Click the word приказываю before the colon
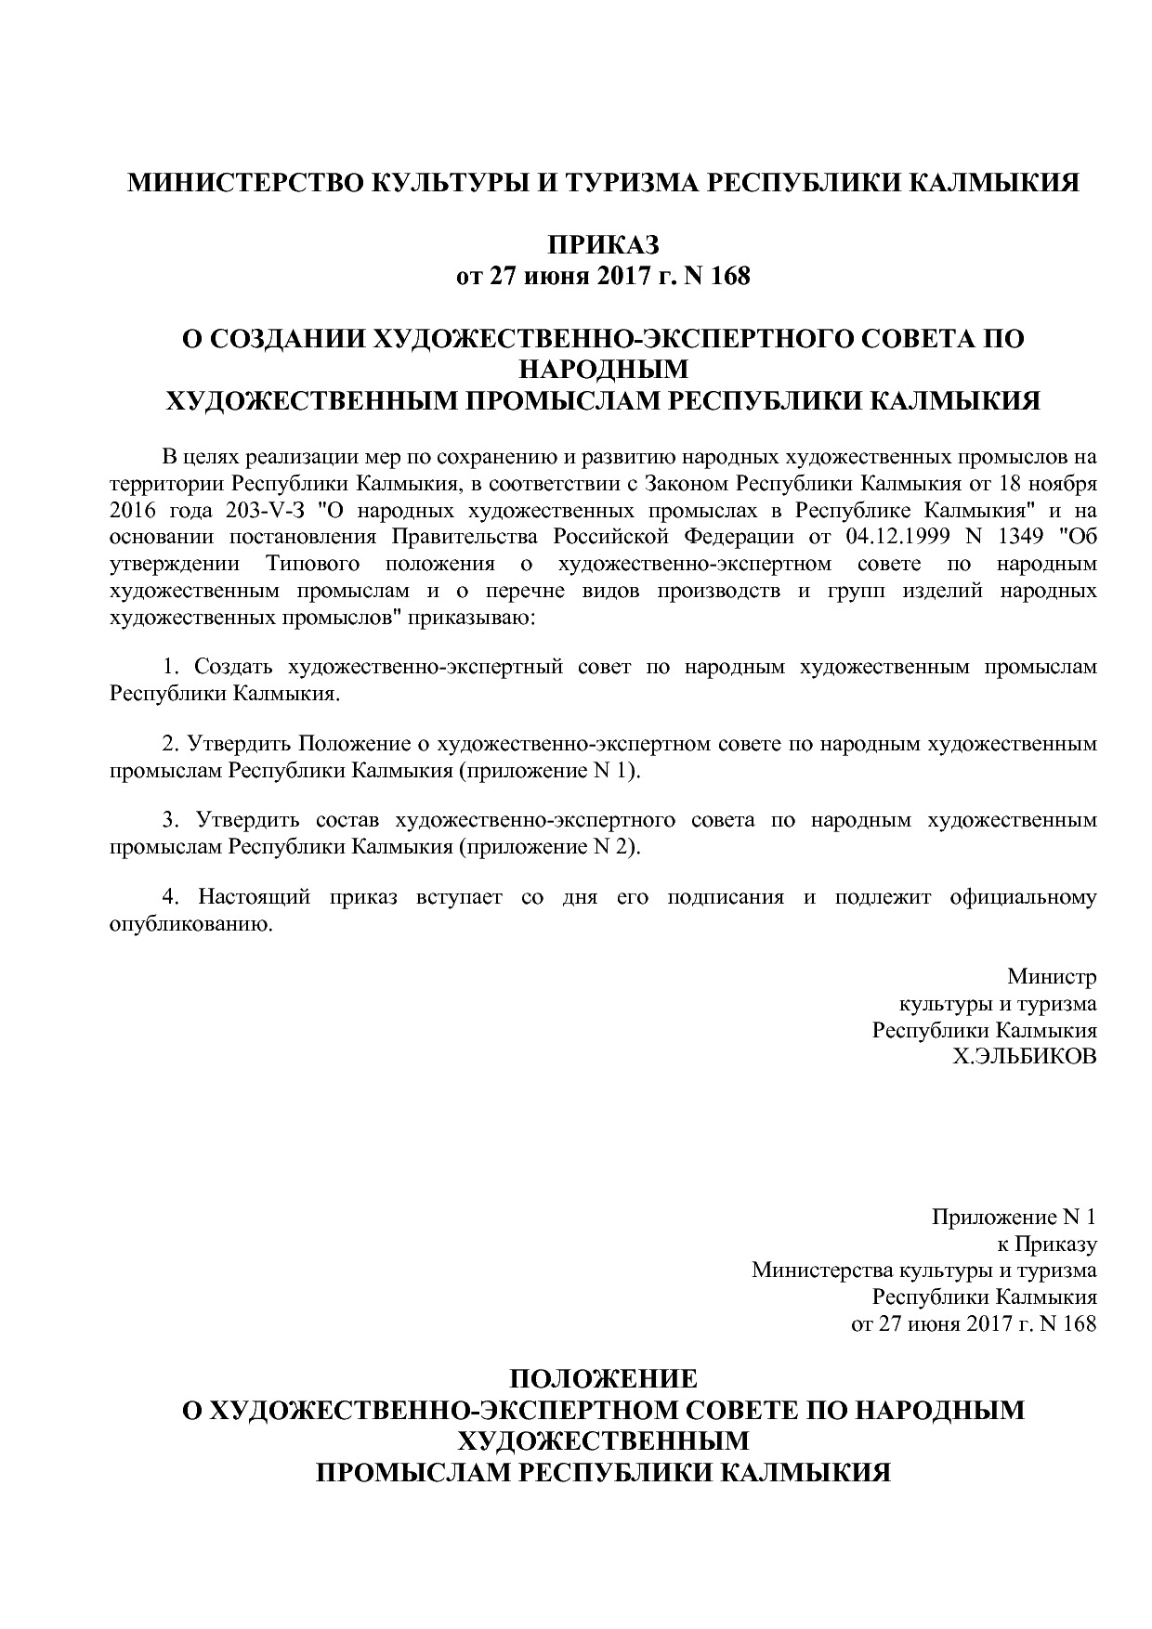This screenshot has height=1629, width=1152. (476, 618)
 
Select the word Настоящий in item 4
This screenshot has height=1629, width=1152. (248, 897)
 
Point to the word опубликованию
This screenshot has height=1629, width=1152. (190, 924)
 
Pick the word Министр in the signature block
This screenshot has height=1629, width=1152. (1052, 977)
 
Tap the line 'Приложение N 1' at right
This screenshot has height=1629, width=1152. (1015, 1217)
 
